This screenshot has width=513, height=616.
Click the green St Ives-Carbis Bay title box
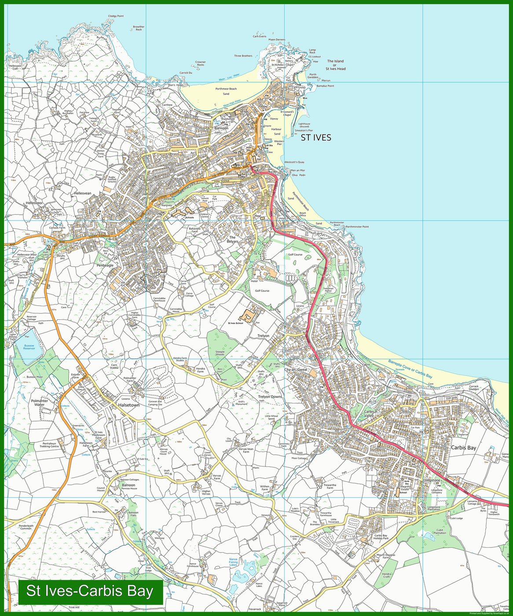coord(90,591)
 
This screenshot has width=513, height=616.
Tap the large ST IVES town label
coord(316,138)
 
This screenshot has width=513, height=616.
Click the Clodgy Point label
coord(116,16)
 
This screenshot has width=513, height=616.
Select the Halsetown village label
coord(128,405)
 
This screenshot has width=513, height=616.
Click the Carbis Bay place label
coord(463,447)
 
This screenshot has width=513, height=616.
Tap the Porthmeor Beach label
coord(226,89)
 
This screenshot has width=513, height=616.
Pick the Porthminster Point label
coord(357,227)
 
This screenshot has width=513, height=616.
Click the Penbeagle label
coord(105,265)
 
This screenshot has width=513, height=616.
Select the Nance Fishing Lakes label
coord(233,562)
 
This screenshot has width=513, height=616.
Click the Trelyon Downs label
coord(270,396)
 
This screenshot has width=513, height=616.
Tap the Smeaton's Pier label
coord(304,131)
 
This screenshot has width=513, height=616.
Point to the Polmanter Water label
coord(39,403)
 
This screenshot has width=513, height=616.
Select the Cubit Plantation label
coord(440,532)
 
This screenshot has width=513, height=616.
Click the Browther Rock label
coord(139,28)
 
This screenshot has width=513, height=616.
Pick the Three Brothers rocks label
coord(243,56)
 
